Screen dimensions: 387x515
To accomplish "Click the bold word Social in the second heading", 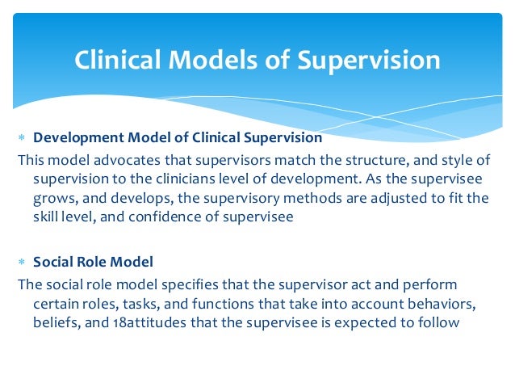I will pyautogui.click(x=52, y=263).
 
